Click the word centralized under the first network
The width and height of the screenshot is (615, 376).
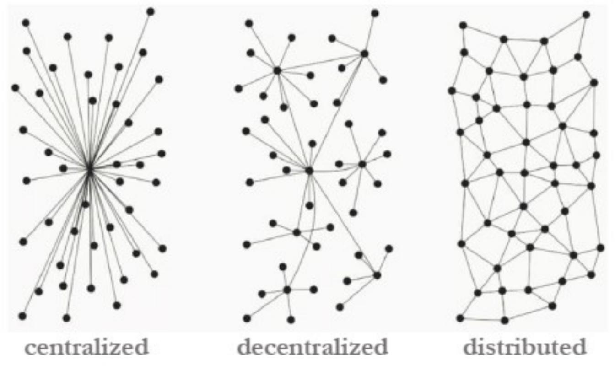click(x=86, y=348)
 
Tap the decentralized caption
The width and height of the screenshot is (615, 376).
click(x=313, y=348)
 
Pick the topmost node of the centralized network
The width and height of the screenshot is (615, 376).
click(x=151, y=11)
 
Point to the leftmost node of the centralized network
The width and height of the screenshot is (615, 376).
click(x=16, y=87)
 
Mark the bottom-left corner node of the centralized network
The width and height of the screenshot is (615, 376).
click(x=22, y=316)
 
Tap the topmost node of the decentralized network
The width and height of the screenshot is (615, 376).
click(x=375, y=13)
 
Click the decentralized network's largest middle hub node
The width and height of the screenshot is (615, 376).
click(x=309, y=171)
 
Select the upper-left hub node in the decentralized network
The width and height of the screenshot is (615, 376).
click(x=277, y=70)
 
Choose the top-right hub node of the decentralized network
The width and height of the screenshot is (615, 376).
click(x=364, y=54)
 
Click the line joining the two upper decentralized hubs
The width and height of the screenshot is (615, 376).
click(x=320, y=62)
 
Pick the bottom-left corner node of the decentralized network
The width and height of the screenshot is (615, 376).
click(x=247, y=318)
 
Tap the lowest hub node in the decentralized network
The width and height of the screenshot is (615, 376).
click(x=287, y=290)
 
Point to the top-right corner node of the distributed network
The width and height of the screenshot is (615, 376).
click(x=586, y=15)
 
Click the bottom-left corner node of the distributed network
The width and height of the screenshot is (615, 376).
click(x=460, y=318)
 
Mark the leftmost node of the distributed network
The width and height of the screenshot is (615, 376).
click(x=452, y=91)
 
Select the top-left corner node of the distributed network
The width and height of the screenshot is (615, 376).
click(x=463, y=25)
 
